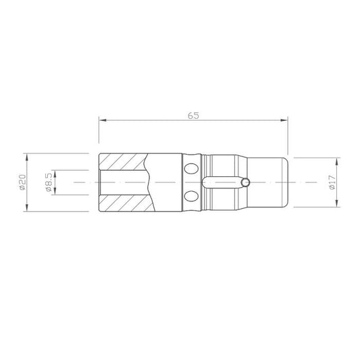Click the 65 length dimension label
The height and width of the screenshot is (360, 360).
(193, 115)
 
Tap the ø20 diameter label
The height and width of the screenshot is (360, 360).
(22, 182)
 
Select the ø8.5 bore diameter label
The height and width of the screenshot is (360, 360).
(49, 182)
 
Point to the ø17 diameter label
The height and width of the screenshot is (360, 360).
(332, 182)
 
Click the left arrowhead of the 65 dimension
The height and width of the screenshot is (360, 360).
(103, 120)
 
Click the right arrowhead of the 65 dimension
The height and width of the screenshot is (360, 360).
(284, 120)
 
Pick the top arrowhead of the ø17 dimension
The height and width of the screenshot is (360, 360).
(337, 161)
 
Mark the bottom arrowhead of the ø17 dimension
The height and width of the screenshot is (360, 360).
(337, 203)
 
